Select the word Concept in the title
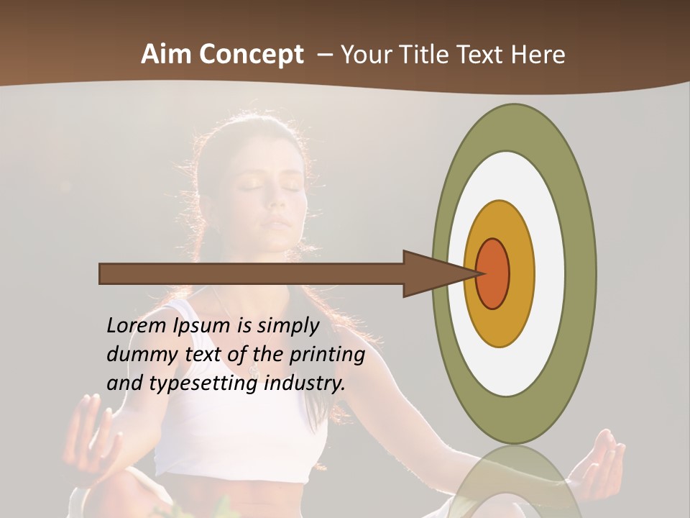251,55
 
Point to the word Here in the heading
538,54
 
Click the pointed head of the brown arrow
438,273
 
